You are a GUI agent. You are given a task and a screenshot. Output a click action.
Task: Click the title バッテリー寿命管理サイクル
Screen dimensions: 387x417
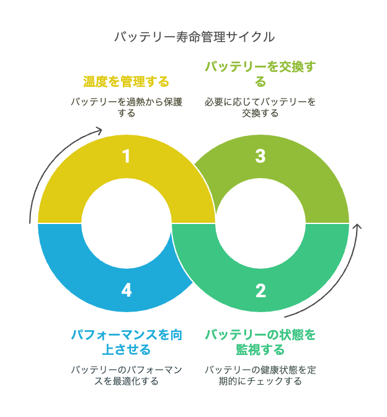[194, 37]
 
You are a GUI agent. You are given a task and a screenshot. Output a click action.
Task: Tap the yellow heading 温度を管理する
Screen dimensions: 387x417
[127, 81]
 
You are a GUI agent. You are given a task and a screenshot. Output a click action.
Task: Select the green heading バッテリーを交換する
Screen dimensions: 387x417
[260, 74]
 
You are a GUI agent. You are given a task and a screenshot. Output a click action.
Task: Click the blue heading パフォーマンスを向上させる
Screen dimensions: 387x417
[127, 342]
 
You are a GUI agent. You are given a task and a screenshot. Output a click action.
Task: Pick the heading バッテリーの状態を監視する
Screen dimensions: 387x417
[260, 342]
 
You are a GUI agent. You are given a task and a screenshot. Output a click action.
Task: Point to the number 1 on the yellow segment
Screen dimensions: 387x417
[127, 156]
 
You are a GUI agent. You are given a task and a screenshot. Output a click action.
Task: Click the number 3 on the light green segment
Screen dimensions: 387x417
[260, 156]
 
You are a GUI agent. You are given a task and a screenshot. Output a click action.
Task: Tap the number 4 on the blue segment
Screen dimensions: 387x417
[127, 290]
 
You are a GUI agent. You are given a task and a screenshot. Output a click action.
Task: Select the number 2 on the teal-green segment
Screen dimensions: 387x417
[260, 290]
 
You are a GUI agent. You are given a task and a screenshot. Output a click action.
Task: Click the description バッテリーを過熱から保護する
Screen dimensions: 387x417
[127, 107]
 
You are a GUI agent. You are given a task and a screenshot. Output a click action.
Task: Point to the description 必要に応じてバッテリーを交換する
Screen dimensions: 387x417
[260, 107]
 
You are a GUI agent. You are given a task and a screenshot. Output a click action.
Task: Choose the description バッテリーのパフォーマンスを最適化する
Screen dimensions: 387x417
[127, 375]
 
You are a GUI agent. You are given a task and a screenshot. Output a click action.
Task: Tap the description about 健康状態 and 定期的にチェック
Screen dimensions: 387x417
[260, 375]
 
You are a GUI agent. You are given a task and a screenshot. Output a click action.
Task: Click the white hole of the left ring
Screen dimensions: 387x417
[127, 223]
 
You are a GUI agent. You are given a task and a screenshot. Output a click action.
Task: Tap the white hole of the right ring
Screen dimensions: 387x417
[260, 223]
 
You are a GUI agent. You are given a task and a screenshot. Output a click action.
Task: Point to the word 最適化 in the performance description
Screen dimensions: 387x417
[127, 381]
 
